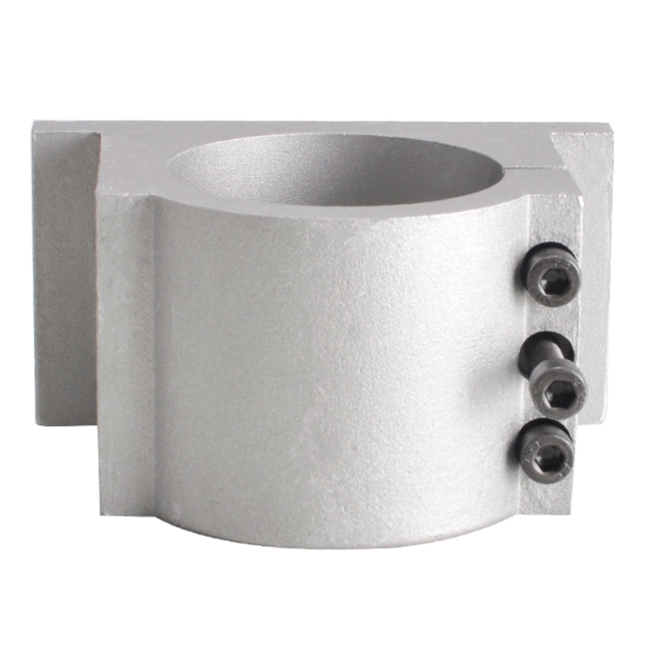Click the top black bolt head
pyautogui.click(x=550, y=277)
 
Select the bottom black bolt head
pyautogui.click(x=547, y=450)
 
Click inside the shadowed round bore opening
pyautogui.click(x=340, y=166)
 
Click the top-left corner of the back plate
pyautogui.click(x=36, y=125)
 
